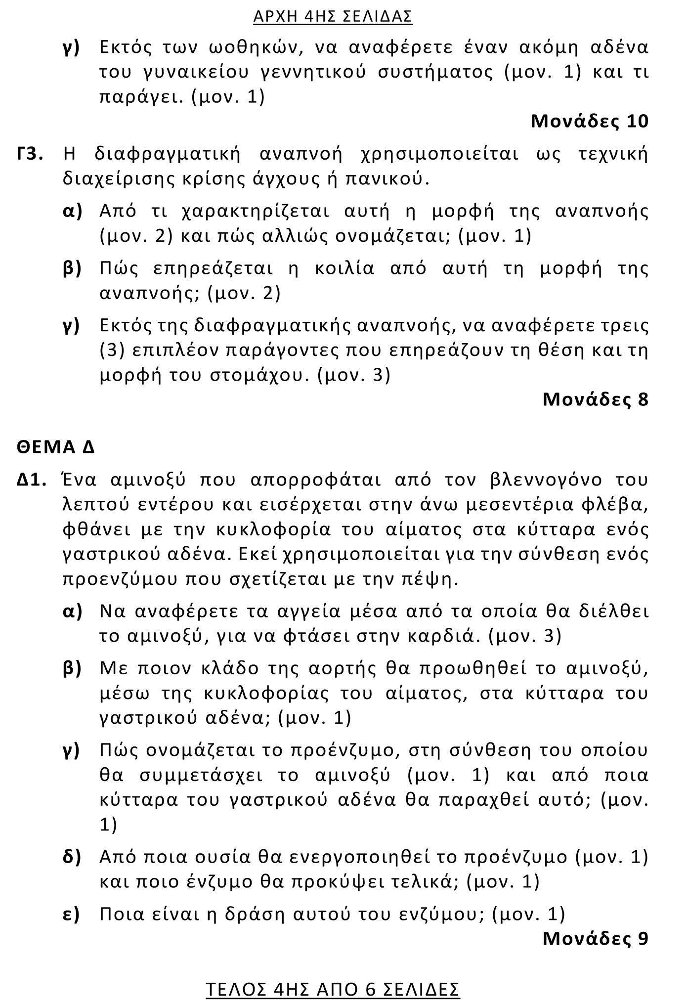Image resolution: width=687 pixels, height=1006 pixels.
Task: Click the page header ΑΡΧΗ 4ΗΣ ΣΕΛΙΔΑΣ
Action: tap(333, 17)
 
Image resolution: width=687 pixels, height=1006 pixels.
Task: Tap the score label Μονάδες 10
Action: tap(589, 121)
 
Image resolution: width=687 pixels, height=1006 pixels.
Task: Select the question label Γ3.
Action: tap(30, 154)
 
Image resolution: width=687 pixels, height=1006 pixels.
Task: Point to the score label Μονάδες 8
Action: tap(595, 399)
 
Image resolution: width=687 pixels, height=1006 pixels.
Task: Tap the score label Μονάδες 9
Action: tap(595, 938)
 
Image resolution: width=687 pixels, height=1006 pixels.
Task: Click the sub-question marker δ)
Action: tap(72, 857)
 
